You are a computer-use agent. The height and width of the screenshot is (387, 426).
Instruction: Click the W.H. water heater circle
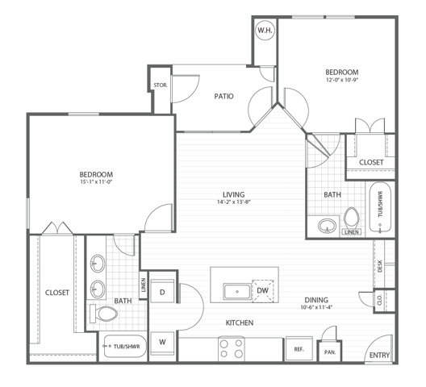point(265,30)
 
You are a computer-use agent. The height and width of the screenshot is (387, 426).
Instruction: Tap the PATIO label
point(223,97)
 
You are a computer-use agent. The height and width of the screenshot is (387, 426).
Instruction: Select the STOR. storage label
point(161,85)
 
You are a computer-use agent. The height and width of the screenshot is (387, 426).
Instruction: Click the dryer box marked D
point(162,291)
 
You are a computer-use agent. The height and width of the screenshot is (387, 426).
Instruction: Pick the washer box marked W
point(162,343)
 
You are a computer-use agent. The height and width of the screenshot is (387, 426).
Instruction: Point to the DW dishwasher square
point(263,290)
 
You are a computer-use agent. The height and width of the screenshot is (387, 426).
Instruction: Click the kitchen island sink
point(237,292)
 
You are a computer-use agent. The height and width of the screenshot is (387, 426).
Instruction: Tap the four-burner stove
point(232,349)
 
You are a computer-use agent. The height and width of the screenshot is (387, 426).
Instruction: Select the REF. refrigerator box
point(299,349)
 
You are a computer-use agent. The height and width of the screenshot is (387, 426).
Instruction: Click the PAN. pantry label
point(330,352)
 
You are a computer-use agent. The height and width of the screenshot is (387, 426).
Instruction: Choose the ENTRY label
point(379,355)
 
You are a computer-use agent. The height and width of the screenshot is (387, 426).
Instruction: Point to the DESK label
point(380,266)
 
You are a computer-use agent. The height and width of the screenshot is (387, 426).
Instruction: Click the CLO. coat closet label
point(380,301)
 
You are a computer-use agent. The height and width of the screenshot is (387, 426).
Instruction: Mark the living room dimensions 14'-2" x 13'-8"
point(234,202)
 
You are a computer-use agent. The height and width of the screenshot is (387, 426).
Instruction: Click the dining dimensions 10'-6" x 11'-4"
point(316,307)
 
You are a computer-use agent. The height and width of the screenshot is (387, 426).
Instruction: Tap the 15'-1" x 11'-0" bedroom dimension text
point(96,181)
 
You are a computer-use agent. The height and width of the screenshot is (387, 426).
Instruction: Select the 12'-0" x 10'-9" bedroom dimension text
point(342,80)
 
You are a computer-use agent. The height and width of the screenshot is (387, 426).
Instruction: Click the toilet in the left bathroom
point(103,314)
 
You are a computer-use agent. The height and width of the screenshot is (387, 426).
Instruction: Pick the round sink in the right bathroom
point(327,226)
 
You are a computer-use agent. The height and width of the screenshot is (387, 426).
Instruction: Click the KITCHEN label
point(240,323)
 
